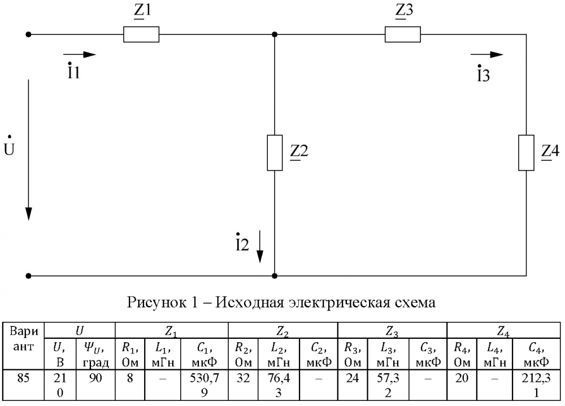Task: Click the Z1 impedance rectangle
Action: point(141,34)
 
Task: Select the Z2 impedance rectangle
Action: point(275,153)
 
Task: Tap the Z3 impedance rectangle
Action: point(402,34)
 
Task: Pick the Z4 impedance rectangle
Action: point(526,153)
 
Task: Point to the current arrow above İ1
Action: point(80,55)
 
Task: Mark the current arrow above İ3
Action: point(487,55)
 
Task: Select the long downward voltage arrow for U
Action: point(28,150)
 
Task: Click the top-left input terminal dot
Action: point(28,34)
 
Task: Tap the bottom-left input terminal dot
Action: point(28,276)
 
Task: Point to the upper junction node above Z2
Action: point(275,34)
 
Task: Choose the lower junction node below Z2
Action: point(275,276)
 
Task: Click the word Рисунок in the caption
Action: point(154,303)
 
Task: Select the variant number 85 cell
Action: point(23,385)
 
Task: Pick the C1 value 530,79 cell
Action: point(205,385)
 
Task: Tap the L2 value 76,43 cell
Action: point(279,385)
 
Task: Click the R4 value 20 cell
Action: point(462,385)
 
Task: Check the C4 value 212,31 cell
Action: point(536,385)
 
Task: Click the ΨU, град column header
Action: point(95,353)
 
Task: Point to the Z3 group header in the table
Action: point(392,331)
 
